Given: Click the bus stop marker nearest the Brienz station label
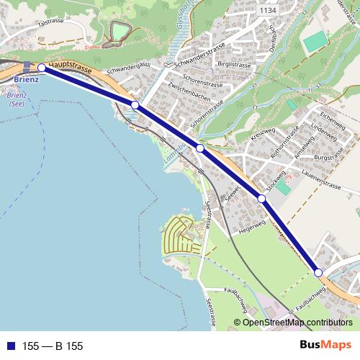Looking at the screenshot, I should click(x=42, y=68).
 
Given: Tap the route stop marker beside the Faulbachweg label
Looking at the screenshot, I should click(x=318, y=271).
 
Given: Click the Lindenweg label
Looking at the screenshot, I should click(x=324, y=135).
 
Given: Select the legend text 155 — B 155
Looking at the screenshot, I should click(x=53, y=346).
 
